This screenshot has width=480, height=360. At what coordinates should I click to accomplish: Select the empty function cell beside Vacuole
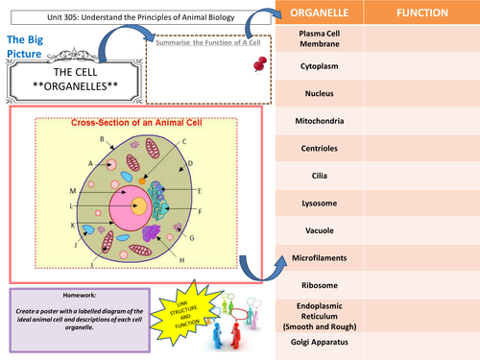(423, 231)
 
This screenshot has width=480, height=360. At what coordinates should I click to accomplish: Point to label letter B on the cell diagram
(102, 140)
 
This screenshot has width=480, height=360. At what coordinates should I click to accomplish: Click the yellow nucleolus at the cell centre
(139, 205)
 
